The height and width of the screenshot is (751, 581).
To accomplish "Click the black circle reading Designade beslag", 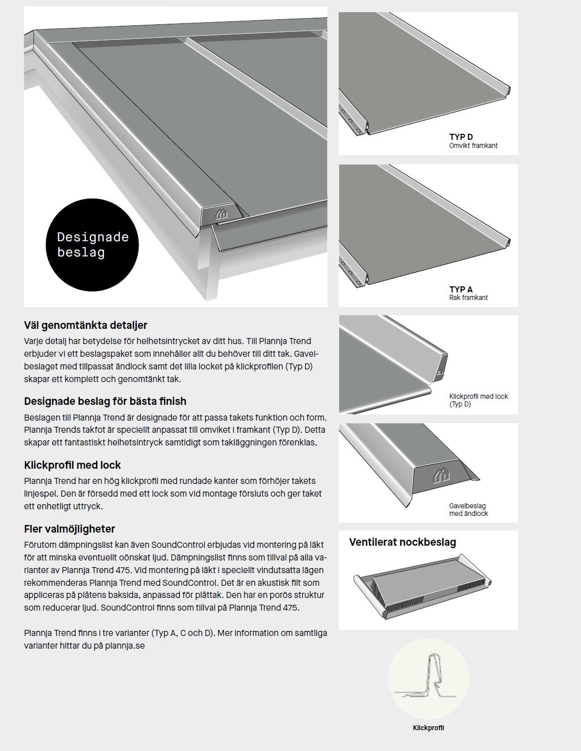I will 92,245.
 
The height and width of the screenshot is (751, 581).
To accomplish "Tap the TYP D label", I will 461,137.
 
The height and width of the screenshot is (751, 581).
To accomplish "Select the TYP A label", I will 461,289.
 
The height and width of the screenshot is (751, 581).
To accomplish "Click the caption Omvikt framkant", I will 473,145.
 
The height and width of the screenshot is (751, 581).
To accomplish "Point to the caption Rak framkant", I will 468,297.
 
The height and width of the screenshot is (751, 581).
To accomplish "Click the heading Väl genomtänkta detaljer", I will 86,325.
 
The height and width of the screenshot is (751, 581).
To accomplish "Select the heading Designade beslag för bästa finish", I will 105,401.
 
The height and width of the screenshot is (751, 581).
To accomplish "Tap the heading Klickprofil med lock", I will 72,465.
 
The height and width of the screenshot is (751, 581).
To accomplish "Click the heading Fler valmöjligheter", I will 69,529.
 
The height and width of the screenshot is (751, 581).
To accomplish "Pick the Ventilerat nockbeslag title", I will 403,542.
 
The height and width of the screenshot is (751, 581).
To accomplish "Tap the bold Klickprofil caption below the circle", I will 428,728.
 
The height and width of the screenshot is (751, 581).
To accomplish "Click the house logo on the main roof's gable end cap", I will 222,214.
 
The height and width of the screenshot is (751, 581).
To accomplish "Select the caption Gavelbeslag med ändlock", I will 468,510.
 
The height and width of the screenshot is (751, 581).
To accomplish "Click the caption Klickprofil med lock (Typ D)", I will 478,400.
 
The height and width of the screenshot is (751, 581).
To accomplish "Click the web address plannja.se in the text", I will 126,646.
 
